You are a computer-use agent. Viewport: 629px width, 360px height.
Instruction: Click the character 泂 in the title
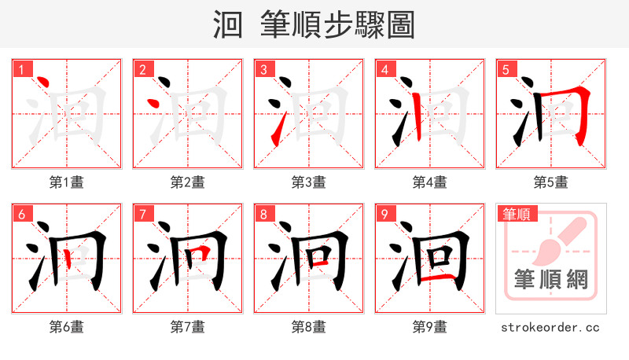(228, 24)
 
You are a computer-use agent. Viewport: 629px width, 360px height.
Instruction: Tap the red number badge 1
(22, 70)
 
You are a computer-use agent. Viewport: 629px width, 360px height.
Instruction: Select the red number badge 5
(506, 70)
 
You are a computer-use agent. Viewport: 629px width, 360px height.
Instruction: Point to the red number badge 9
(385, 215)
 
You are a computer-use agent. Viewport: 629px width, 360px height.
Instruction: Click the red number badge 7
(143, 215)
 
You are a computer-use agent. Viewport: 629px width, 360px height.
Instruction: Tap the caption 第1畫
(66, 182)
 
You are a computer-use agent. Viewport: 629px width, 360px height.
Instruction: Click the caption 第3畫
(308, 182)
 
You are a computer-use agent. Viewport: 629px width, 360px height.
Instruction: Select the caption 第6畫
(66, 326)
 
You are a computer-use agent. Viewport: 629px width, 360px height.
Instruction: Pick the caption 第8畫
(308, 326)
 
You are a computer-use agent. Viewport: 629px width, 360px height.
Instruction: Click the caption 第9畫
(429, 326)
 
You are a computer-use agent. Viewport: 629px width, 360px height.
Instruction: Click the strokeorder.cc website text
(550, 326)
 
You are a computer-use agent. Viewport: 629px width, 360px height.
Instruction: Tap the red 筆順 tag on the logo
(517, 214)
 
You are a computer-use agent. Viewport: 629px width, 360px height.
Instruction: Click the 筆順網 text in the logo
(550, 280)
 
